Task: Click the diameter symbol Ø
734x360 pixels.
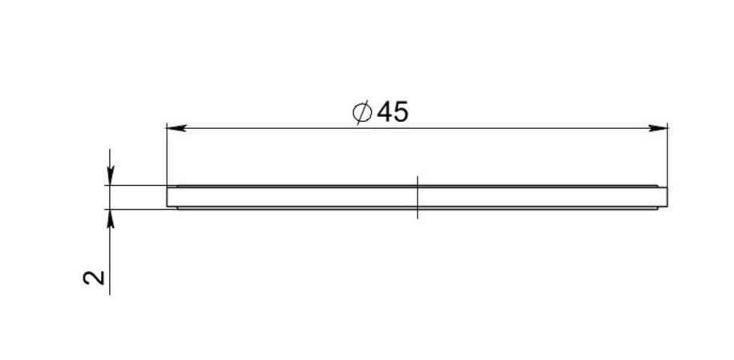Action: pos(362,112)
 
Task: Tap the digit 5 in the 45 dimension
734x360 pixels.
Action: pos(401,112)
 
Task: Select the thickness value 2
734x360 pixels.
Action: pos(94,277)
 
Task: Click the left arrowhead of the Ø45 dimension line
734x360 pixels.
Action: pos(176,127)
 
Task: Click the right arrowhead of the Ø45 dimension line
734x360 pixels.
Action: pos(658,127)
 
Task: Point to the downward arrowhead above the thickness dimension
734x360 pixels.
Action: pos(110,176)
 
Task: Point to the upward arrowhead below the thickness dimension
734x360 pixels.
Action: pos(110,219)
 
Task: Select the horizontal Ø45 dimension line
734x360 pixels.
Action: pos(417,127)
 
